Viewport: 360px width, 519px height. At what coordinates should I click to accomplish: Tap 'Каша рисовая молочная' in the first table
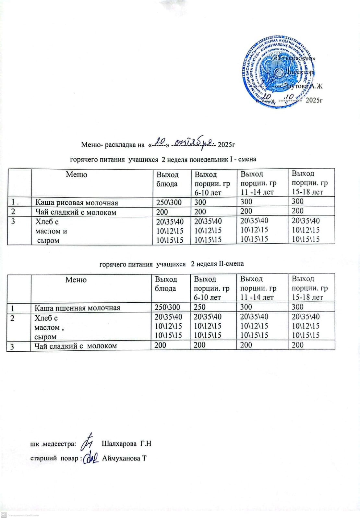[77, 203]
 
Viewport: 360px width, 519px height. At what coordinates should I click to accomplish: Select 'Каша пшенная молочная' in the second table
[77, 308]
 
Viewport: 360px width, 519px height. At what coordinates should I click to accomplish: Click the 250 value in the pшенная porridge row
[200, 307]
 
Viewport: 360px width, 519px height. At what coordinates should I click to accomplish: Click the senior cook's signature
[91, 458]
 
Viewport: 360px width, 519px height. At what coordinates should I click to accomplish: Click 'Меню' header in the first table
[77, 175]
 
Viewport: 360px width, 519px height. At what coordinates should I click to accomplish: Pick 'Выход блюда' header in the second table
[166, 284]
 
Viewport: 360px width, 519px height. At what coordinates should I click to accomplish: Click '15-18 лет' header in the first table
[307, 192]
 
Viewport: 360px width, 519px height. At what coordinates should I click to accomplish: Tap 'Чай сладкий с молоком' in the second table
[76, 346]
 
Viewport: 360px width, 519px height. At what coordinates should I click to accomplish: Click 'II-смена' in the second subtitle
[231, 264]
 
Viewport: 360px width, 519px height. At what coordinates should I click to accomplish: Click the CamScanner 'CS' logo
[4, 515]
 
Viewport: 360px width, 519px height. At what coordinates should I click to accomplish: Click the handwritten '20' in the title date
[160, 141]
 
